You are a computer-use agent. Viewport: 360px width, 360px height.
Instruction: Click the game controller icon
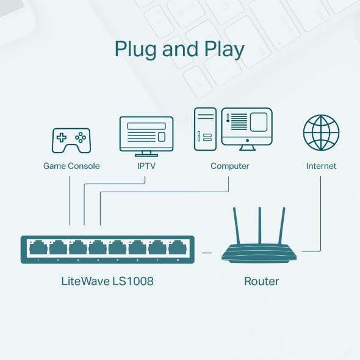71,140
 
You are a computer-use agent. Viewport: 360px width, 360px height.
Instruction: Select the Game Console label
71,166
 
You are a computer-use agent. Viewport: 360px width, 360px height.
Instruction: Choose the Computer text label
230,166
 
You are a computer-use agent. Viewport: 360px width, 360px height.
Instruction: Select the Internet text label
321,166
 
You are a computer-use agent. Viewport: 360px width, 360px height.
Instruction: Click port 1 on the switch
38,248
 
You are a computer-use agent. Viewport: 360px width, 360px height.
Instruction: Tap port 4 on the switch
98,248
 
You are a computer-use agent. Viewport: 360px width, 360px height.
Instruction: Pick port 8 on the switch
177,248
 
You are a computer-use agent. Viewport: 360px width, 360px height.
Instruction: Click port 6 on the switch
137,248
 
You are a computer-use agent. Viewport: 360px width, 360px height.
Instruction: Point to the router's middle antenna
260,226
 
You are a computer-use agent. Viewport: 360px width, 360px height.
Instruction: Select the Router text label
261,281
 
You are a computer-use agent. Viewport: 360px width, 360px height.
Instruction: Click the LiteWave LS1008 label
108,281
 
